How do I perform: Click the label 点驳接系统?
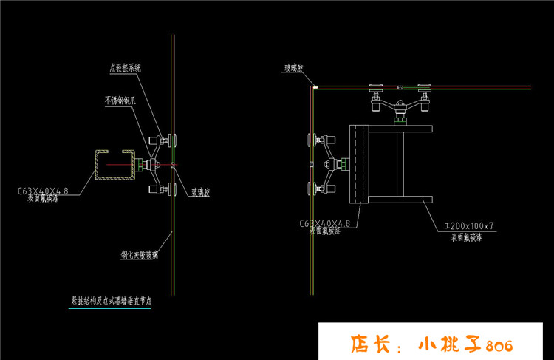[x=125, y=68]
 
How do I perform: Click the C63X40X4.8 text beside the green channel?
[x=43, y=191]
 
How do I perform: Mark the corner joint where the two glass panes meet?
[x=313, y=88]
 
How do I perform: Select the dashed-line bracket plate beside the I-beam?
[x=358, y=164]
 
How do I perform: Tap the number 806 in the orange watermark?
[x=500, y=345]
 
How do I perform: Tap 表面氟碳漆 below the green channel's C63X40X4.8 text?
[x=44, y=199]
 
